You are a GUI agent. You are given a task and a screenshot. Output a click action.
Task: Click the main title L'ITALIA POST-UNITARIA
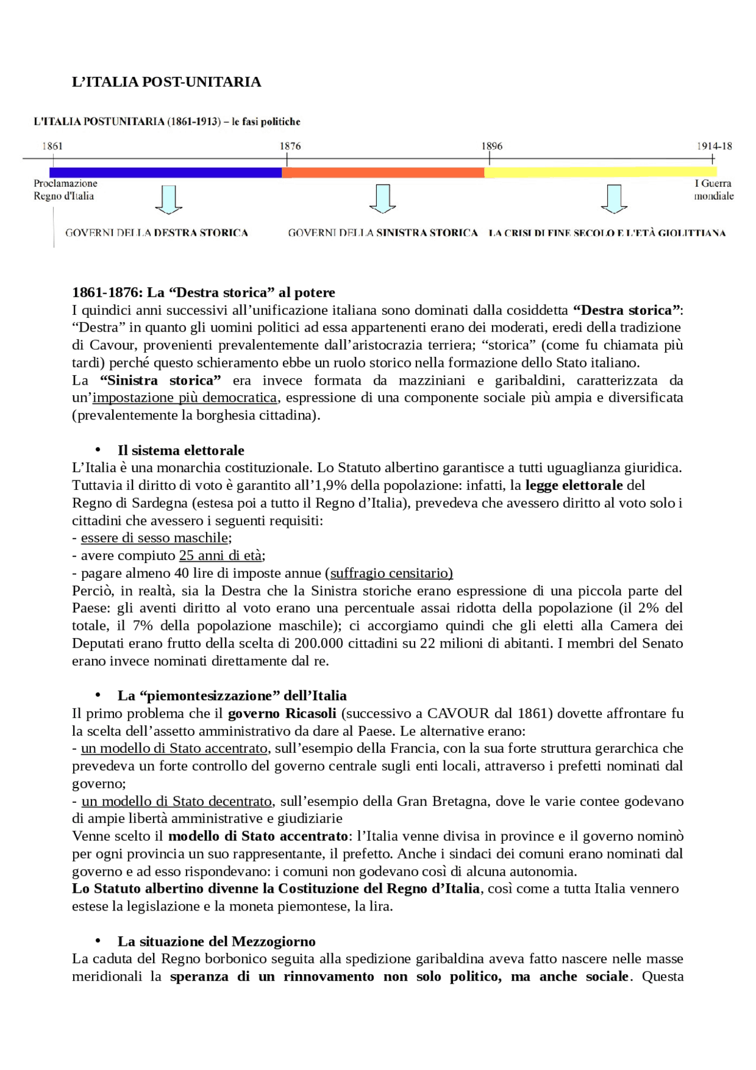pyautogui.click(x=166, y=82)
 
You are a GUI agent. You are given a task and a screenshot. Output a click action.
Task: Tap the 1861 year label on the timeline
pyautogui.click(x=52, y=146)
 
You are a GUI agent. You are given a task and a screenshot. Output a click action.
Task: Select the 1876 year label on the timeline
pyautogui.click(x=290, y=146)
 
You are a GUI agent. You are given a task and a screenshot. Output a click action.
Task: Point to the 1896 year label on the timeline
pyautogui.click(x=491, y=146)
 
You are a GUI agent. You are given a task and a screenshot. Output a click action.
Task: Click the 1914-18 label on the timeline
pyautogui.click(x=713, y=146)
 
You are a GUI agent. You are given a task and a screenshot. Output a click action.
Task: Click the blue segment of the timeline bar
pyautogui.click(x=165, y=173)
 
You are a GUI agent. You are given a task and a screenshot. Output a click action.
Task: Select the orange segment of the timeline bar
pyautogui.click(x=383, y=173)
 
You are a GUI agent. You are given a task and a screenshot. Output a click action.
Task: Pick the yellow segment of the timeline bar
pyautogui.click(x=599, y=173)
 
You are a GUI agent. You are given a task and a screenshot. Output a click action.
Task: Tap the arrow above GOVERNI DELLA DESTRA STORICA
pyautogui.click(x=168, y=199)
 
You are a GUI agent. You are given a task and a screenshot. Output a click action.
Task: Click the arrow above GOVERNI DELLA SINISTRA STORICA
pyautogui.click(x=383, y=199)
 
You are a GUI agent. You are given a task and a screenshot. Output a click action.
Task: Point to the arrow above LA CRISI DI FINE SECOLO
pyautogui.click(x=614, y=199)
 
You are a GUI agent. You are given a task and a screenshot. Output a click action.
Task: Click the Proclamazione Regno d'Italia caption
pyautogui.click(x=65, y=190)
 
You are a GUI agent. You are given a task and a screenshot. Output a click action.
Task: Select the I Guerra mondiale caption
pyautogui.click(x=713, y=190)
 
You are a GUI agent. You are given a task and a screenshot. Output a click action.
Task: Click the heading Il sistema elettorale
pyautogui.click(x=181, y=450)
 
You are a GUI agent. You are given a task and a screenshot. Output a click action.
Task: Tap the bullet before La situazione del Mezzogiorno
pyautogui.click(x=98, y=941)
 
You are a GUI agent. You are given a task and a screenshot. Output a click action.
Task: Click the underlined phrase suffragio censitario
pyautogui.click(x=391, y=573)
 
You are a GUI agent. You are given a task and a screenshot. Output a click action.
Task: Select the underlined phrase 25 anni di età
pyautogui.click(x=220, y=555)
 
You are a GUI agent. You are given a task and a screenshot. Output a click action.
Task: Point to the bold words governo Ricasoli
pyautogui.click(x=282, y=713)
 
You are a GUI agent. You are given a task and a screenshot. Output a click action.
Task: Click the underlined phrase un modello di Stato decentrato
pyautogui.click(x=177, y=801)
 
